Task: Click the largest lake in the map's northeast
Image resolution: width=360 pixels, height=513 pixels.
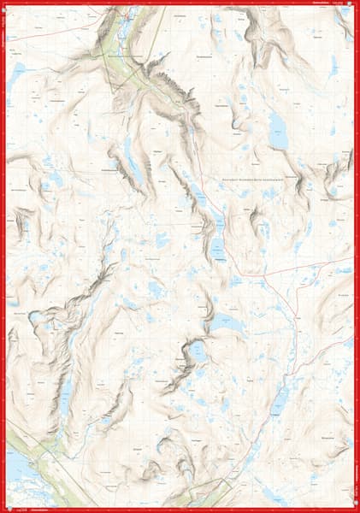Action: [x=278, y=131]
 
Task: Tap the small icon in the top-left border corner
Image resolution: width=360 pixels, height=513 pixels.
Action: [x=5, y=4]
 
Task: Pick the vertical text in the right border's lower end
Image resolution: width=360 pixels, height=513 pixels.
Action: [x=356, y=475]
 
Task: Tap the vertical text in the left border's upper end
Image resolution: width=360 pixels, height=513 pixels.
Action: [x=3, y=34]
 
